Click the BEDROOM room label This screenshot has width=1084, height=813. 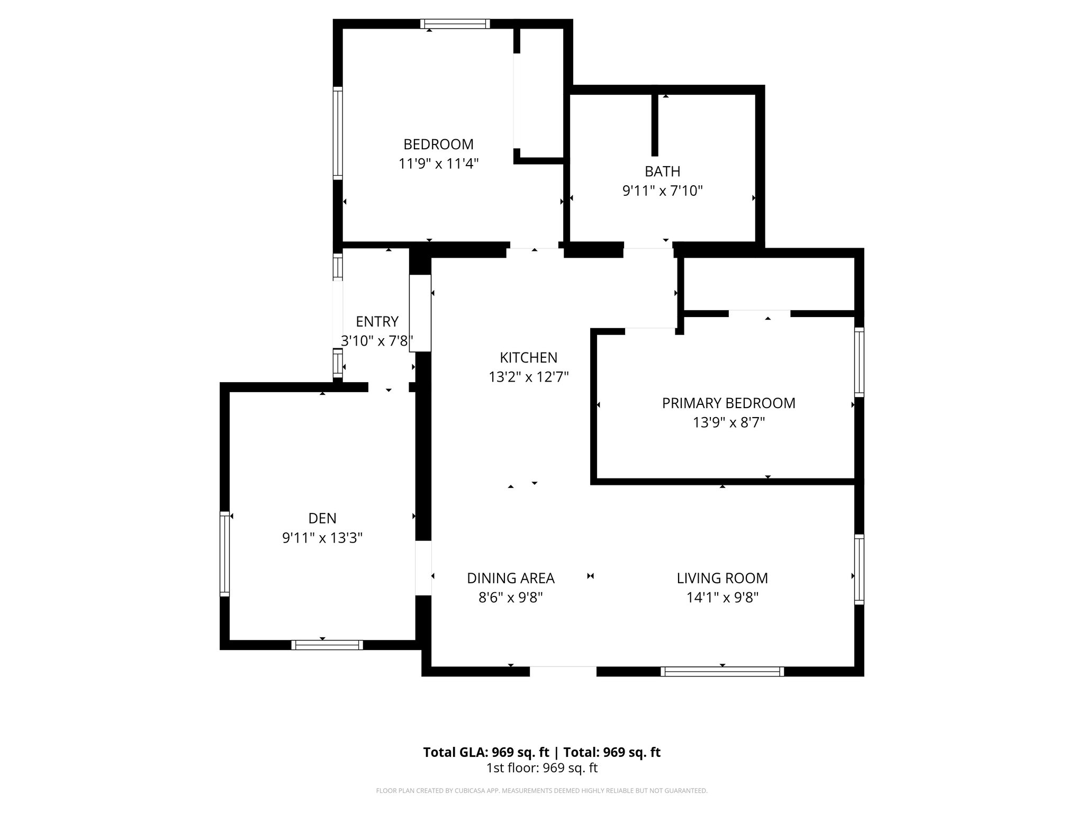coord(438,144)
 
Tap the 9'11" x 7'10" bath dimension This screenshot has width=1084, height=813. coord(662,191)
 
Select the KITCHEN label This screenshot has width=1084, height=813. coord(528,357)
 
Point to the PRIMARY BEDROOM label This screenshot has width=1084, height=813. coord(728,403)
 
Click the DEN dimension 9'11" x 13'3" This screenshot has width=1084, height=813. coord(322,538)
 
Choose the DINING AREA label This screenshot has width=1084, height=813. coord(510,578)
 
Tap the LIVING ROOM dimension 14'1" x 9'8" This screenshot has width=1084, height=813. coord(722,598)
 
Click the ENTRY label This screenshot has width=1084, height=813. coord(377,321)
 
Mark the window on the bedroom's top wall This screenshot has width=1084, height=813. coord(455,24)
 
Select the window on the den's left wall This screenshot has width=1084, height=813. coord(225,554)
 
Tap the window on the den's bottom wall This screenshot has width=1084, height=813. coord(327,645)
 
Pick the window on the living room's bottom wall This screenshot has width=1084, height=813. coord(722,672)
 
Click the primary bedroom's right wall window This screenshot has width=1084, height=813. coord(859,362)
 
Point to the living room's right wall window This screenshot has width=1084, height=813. coord(859,569)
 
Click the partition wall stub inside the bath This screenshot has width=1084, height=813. coord(655,124)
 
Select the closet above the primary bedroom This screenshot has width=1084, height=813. coord(769,284)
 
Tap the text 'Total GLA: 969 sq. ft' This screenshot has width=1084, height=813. coord(485,752)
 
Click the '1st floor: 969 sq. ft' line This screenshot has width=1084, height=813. coord(541,768)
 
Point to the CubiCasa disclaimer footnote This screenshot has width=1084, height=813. coord(541,791)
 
